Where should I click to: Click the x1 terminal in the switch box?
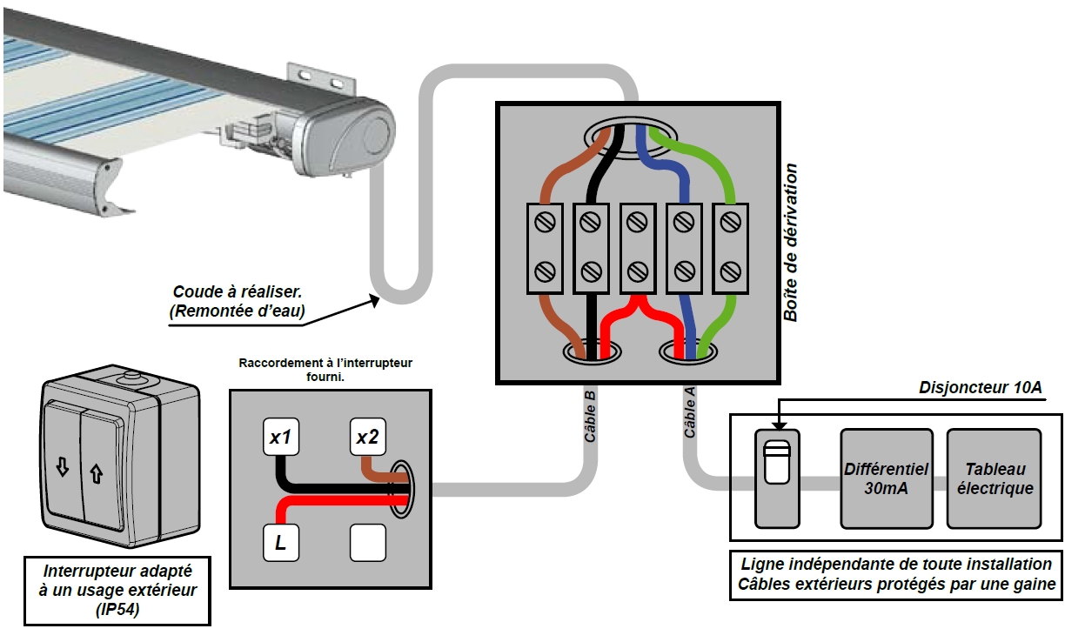pyautogui.click(x=280, y=438)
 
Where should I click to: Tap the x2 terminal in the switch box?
pyautogui.click(x=367, y=438)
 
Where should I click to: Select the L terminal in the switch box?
pyautogui.click(x=280, y=545)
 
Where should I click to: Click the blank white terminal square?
pyautogui.click(x=367, y=545)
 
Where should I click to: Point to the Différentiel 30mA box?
pyautogui.click(x=886, y=478)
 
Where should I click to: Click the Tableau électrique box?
pyautogui.click(x=994, y=478)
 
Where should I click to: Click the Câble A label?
pyautogui.click(x=690, y=412)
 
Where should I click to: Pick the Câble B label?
pyautogui.click(x=590, y=418)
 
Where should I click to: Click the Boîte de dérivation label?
pyautogui.click(x=790, y=243)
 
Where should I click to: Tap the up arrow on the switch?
pyautogui.click(x=95, y=474)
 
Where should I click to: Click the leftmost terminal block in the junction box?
pyautogui.click(x=545, y=247)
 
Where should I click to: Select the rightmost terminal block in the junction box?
pyautogui.click(x=730, y=247)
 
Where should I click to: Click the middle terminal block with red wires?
pyautogui.click(x=638, y=247)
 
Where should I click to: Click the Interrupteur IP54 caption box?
pyautogui.click(x=117, y=591)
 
